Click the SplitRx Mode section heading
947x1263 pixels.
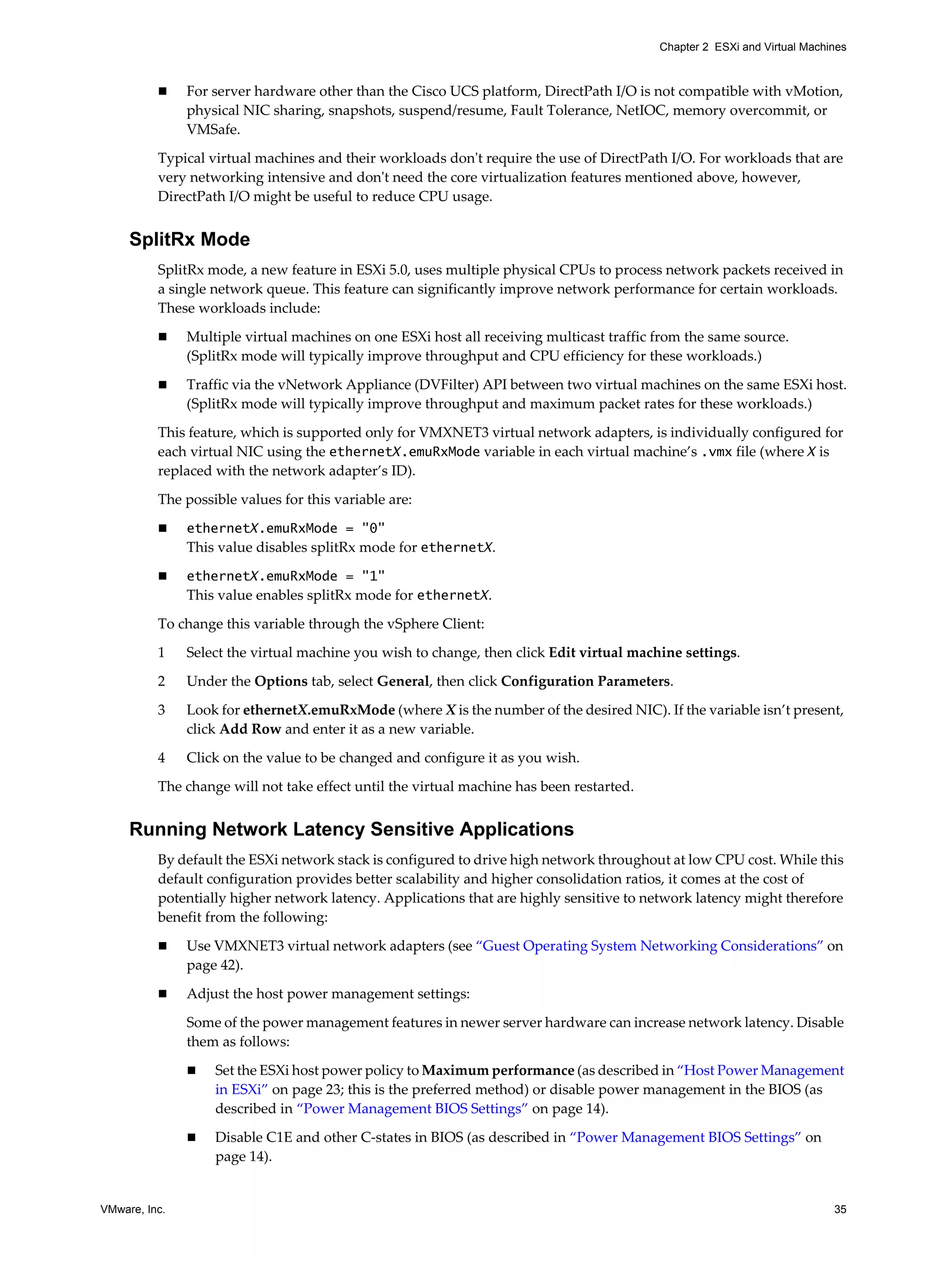(189, 239)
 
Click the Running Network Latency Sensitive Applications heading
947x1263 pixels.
(351, 829)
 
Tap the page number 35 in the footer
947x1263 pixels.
(840, 1209)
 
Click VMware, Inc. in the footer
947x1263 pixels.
(132, 1209)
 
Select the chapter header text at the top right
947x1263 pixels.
(752, 47)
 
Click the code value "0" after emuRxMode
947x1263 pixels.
(373, 528)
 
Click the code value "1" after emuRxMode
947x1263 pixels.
(373, 576)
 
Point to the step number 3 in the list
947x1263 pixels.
(161, 710)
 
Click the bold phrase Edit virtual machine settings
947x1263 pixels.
(642, 653)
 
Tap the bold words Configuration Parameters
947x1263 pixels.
(585, 681)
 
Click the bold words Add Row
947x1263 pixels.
(250, 729)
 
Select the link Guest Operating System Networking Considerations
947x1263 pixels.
(649, 946)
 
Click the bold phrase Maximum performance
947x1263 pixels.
(498, 1071)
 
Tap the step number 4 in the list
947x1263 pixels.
(161, 758)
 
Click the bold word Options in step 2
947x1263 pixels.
(281, 681)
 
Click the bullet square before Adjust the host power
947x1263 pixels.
(163, 994)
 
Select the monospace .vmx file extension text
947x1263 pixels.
(716, 452)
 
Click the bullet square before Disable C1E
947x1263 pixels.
(192, 1137)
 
